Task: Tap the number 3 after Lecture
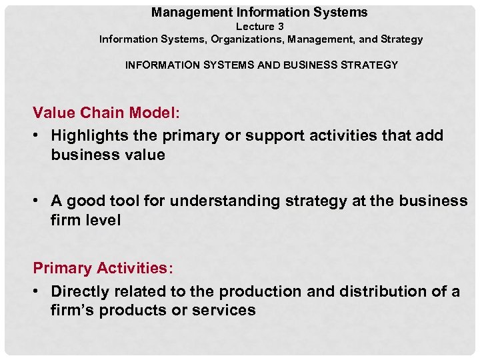click(281, 27)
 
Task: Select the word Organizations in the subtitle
click(248, 39)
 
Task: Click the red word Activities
click(135, 268)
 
